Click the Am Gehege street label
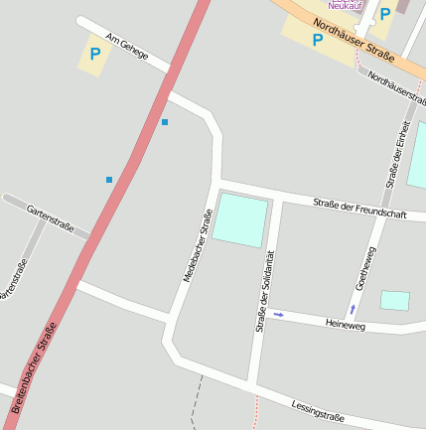pos(126,46)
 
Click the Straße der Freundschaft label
pos(359,209)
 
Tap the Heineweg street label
pos(346,325)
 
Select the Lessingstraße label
pos(318,409)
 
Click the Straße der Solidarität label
pos(263,290)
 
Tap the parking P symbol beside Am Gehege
pos(94,55)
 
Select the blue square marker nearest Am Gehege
pos(165,122)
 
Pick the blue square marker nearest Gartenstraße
pos(109,180)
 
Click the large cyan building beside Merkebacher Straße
pos(240,219)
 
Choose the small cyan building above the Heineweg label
pos(394,300)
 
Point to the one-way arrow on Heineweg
pos(278,315)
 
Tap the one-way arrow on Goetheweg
pos(352,309)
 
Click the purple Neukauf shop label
pos(347,6)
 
